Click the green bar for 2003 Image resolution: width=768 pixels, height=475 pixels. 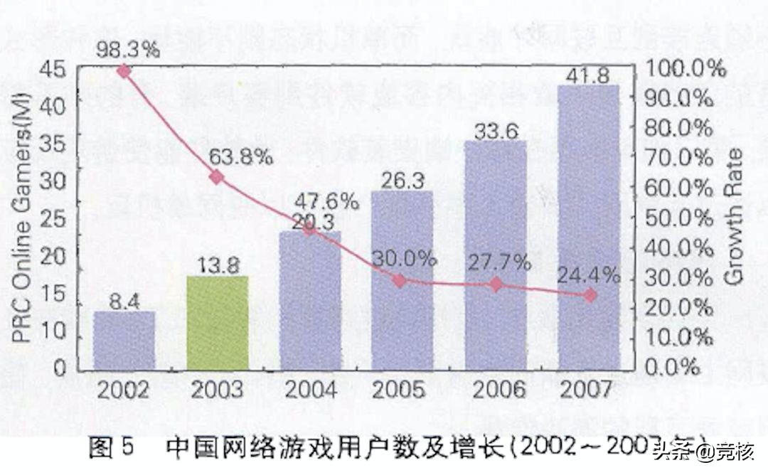218,323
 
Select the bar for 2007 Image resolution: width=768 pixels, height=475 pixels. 588,228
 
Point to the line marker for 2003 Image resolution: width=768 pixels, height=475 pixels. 217,177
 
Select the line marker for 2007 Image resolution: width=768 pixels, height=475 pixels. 590,295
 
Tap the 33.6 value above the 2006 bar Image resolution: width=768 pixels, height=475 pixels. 496,130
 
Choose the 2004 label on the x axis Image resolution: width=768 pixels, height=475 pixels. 310,390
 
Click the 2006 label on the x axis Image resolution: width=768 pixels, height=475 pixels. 496,390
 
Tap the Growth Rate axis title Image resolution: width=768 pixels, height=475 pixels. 734,217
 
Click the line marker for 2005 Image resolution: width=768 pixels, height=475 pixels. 400,281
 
